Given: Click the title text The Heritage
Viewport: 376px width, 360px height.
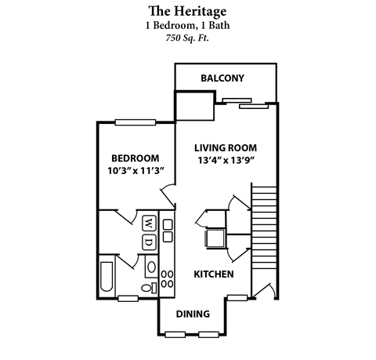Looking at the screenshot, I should coord(187,11).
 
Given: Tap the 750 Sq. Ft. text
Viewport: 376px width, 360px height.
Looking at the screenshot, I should coord(187,38).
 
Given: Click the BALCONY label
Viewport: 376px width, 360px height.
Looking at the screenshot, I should coord(222,78).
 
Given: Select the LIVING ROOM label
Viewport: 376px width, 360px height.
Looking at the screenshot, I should coord(226,147).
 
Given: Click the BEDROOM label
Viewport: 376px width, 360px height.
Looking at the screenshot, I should coord(134,158).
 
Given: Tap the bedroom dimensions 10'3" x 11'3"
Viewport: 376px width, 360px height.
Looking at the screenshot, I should coord(135,171).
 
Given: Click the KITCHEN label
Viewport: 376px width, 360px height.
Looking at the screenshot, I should coord(213,275).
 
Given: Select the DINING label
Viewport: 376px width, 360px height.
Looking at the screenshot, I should coord(192,314).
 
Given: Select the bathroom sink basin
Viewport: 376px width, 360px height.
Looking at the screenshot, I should coord(150,267).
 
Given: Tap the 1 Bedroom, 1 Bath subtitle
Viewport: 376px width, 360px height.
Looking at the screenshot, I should coord(187,24).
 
